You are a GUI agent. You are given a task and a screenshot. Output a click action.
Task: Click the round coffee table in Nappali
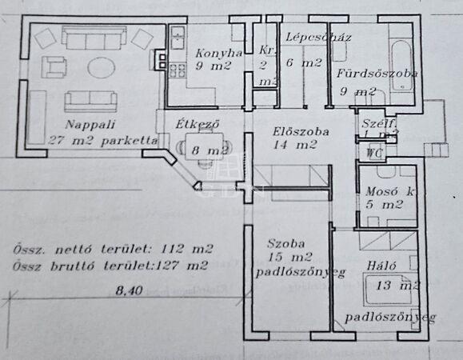[x=101, y=66]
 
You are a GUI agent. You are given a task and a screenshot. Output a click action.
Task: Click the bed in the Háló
[x=390, y=290]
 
